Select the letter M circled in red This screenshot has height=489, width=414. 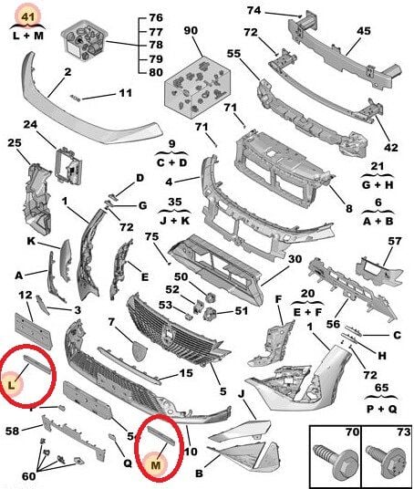(155, 465)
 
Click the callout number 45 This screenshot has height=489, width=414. (363, 31)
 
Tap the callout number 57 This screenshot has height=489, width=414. (394, 241)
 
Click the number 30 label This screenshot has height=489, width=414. (295, 259)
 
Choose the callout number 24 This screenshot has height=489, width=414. (29, 124)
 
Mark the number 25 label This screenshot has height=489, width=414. (14, 142)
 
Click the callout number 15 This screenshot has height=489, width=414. (185, 372)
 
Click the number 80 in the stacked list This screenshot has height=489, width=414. (156, 72)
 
